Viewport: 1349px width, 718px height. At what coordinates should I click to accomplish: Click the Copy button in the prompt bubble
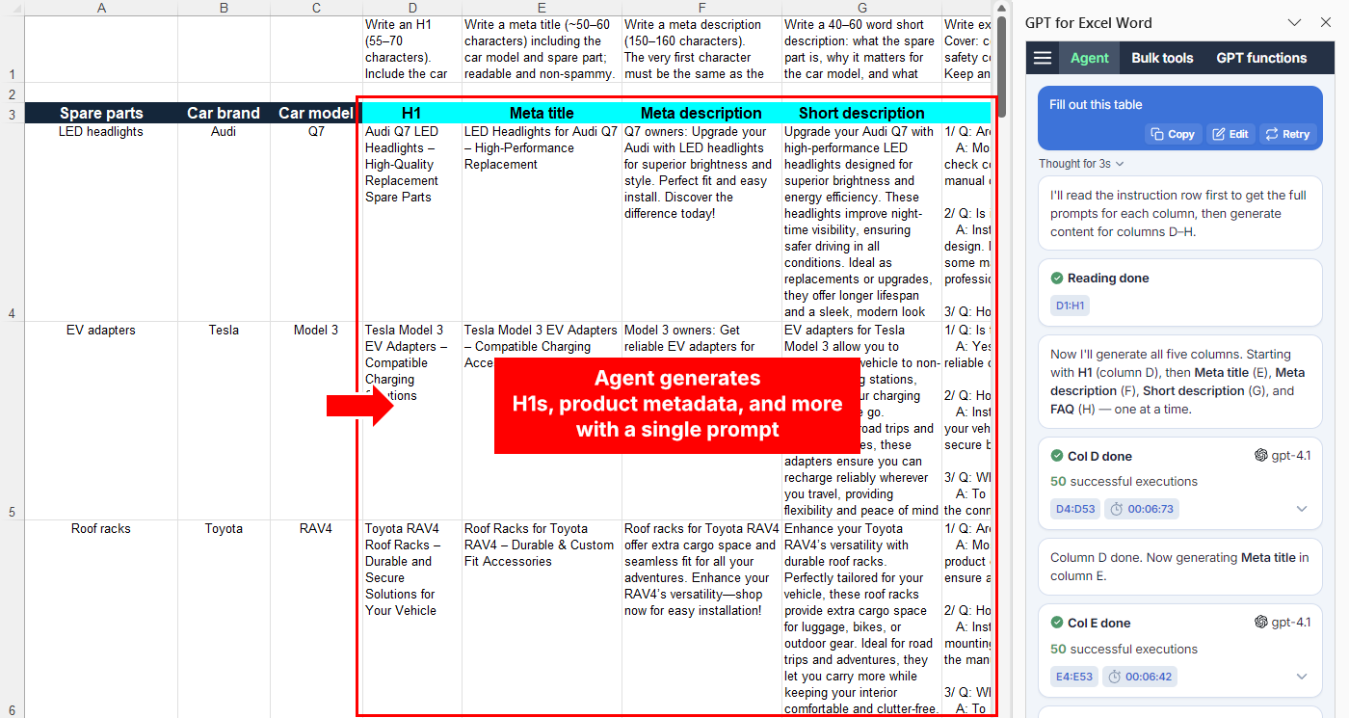click(x=1173, y=134)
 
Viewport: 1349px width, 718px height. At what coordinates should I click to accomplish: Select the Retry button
click(x=1286, y=134)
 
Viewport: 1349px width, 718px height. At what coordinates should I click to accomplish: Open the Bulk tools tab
click(x=1162, y=58)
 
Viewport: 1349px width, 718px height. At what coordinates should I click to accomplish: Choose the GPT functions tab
click(x=1261, y=58)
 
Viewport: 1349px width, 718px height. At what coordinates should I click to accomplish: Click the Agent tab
click(x=1090, y=58)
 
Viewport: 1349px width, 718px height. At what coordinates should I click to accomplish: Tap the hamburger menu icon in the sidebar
click(x=1043, y=58)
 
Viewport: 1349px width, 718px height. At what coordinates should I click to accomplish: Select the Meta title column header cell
click(x=542, y=113)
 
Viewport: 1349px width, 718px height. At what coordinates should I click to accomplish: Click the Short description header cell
click(x=861, y=113)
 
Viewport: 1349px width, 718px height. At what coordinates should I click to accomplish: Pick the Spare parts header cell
click(x=101, y=113)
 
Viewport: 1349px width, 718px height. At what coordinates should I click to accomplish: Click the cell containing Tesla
click(x=224, y=331)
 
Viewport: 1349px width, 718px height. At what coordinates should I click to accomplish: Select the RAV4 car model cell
click(x=316, y=529)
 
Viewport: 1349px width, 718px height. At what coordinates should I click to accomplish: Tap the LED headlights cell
click(x=101, y=132)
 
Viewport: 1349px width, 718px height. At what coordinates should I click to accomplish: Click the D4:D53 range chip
click(x=1073, y=509)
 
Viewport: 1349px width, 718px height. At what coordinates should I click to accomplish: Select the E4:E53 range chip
click(x=1073, y=677)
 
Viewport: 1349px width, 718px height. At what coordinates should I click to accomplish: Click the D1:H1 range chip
click(x=1070, y=306)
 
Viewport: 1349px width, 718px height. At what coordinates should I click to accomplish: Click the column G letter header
click(x=861, y=8)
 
